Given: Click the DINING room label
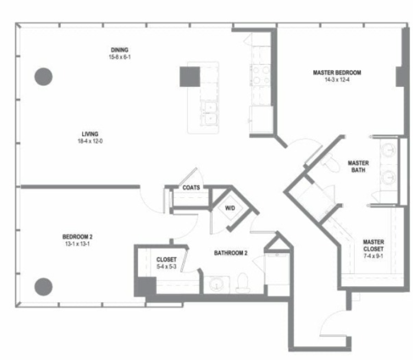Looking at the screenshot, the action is (x=120, y=50).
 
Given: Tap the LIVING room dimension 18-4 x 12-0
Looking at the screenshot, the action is (x=90, y=141).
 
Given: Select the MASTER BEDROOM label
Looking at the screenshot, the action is (x=337, y=73).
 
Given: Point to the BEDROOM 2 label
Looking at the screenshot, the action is (x=77, y=237).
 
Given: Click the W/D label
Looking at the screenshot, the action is (x=230, y=208).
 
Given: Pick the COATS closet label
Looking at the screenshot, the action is (x=191, y=188).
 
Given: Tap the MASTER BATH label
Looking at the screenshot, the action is (x=358, y=166).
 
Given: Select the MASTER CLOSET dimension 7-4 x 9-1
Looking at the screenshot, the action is (x=373, y=256).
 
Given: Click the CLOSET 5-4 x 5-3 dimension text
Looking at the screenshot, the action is (x=166, y=266).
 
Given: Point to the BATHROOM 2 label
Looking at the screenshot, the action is (x=231, y=253).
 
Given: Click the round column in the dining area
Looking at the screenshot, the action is (x=44, y=77).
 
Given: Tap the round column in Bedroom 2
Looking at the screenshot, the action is (x=44, y=287).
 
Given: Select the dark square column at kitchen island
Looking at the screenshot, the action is (x=189, y=77).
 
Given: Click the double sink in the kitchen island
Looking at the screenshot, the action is (x=210, y=113).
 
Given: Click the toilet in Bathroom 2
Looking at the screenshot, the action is (x=242, y=283).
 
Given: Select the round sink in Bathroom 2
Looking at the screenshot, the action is (x=217, y=284).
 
